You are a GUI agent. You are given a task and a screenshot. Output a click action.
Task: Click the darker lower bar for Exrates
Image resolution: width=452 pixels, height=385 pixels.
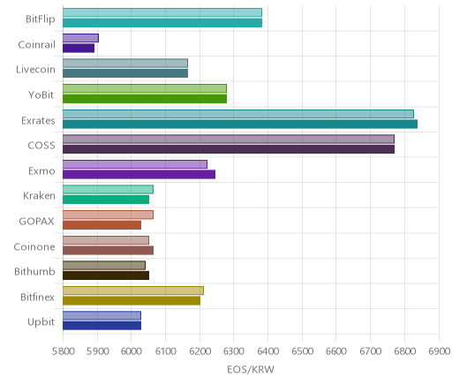tap(240, 125)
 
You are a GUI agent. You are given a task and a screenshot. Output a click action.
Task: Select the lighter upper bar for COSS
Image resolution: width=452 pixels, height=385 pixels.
tap(229, 140)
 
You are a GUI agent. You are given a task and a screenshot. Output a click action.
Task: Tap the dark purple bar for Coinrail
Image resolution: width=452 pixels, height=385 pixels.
tap(79, 49)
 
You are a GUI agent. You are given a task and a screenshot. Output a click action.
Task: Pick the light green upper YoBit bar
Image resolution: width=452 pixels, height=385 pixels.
tap(145, 88)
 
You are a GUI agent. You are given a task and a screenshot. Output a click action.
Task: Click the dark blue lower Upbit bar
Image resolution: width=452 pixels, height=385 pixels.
tap(102, 326)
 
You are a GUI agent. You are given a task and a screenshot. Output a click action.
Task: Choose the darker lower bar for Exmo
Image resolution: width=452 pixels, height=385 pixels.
tap(139, 175)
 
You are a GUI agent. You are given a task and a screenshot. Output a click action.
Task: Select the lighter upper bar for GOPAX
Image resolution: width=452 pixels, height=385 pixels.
tap(108, 215)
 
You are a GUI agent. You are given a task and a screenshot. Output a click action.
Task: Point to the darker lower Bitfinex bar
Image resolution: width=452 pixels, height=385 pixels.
tap(132, 301)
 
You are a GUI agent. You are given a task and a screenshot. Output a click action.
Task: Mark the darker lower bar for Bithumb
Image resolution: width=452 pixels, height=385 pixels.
tap(106, 276)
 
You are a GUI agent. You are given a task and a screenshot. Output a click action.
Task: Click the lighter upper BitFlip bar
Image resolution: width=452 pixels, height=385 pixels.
tap(162, 12)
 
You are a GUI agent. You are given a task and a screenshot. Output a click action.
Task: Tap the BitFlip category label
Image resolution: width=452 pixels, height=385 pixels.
tap(41, 19)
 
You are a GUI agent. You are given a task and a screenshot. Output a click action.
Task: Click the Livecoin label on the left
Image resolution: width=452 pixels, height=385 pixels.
tap(35, 70)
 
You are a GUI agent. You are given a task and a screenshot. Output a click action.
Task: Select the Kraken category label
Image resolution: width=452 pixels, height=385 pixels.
tap(39, 196)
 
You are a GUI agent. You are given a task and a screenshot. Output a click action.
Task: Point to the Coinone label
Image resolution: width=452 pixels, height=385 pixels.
tap(34, 246)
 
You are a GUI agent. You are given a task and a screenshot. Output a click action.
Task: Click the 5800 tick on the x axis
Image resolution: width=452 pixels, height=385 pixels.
tap(63, 351)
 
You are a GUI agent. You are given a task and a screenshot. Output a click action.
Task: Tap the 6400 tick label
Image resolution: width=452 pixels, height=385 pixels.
tap(267, 351)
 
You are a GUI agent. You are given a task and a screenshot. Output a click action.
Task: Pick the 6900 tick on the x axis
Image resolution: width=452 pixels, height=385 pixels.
tap(439, 351)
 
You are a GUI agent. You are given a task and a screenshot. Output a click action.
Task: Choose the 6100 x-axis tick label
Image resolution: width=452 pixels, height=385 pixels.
tap(165, 351)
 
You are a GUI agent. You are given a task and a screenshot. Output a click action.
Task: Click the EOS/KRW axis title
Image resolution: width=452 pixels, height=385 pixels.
tap(251, 369)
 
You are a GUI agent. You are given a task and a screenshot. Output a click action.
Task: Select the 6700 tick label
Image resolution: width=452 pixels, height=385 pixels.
tap(370, 351)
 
